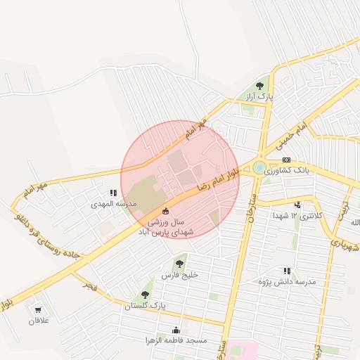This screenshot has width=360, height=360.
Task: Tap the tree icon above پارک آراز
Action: [260, 86]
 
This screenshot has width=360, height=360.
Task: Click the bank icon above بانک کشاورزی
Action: [286, 160]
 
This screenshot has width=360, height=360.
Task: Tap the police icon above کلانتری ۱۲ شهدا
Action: [297, 205]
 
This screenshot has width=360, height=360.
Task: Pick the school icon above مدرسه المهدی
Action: [113, 193]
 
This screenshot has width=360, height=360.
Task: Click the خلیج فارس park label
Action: [180, 275]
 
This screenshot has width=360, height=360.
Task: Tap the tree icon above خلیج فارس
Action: [180, 264]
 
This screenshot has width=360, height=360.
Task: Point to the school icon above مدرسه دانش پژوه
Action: [286, 271]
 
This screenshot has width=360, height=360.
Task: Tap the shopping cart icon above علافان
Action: [38, 310]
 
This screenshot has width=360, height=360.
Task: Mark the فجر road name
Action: [89, 285]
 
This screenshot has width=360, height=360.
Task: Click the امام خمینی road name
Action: [288, 133]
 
